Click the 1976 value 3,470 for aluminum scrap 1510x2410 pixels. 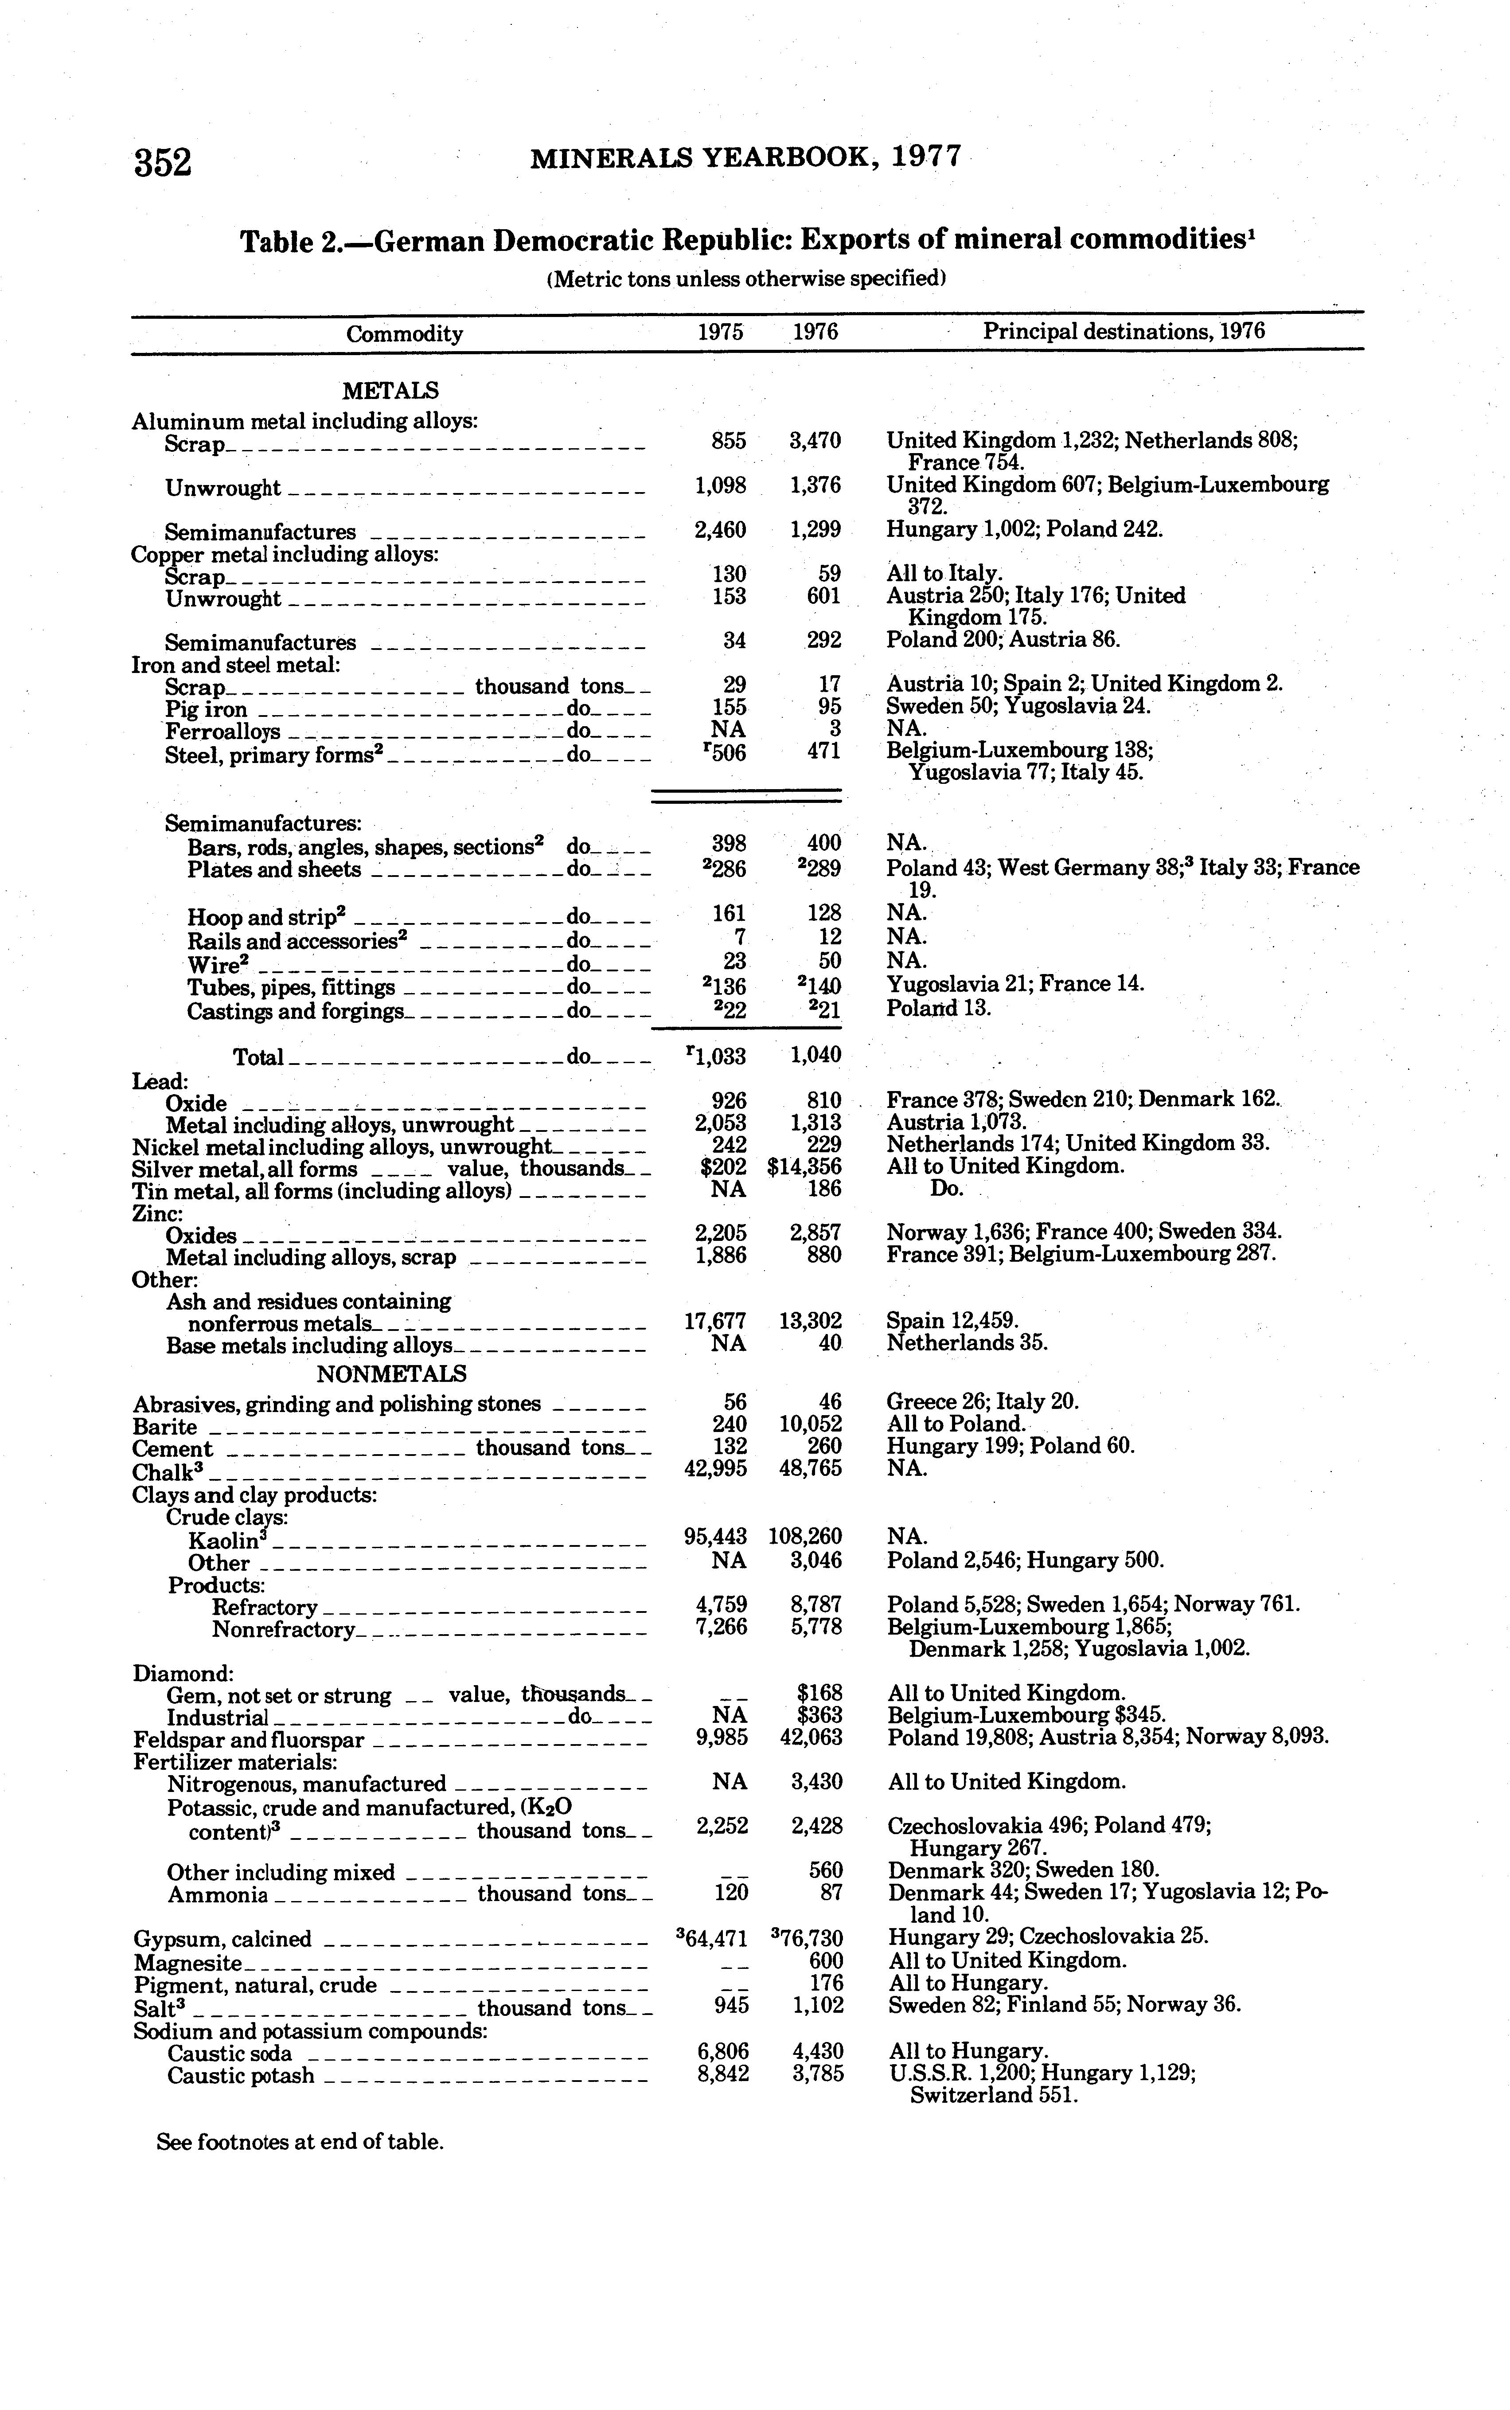click(815, 440)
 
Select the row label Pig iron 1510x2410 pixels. click(206, 709)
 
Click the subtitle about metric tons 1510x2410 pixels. click(745, 279)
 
